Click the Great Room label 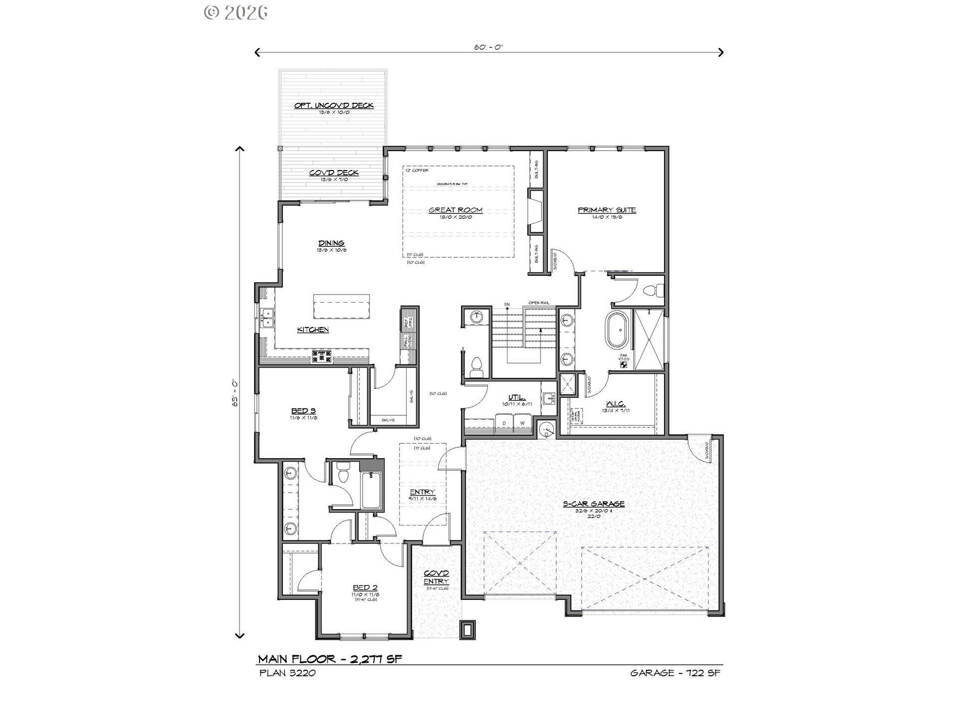[456, 210]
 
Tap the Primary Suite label [607, 210]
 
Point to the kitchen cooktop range [322, 356]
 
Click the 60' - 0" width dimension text [488, 47]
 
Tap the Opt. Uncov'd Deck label [334, 106]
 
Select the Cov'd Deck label [334, 173]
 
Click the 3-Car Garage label [594, 504]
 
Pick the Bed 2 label [365, 588]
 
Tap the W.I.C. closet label [616, 404]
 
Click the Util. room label [517, 398]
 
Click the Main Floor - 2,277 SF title [330, 659]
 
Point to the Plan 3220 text [287, 673]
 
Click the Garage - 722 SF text [675, 673]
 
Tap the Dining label [331, 243]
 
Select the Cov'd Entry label [437, 577]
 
